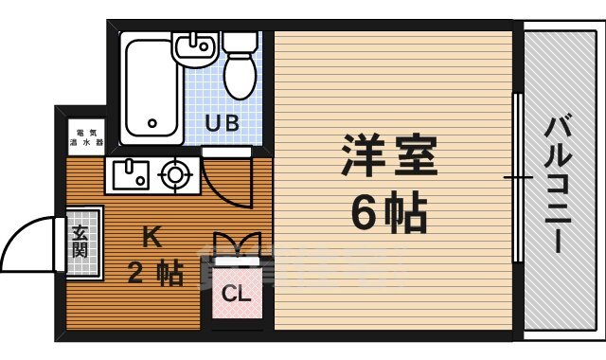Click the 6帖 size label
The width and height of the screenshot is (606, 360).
point(388,215)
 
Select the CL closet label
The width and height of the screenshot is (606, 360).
point(237,293)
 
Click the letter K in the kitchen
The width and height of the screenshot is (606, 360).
point(151,235)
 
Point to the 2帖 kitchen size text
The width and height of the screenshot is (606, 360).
point(155,274)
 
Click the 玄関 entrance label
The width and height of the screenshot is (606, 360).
point(80,244)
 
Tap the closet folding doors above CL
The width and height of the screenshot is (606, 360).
point(236,244)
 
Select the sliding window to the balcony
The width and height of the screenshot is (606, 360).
point(517,177)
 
